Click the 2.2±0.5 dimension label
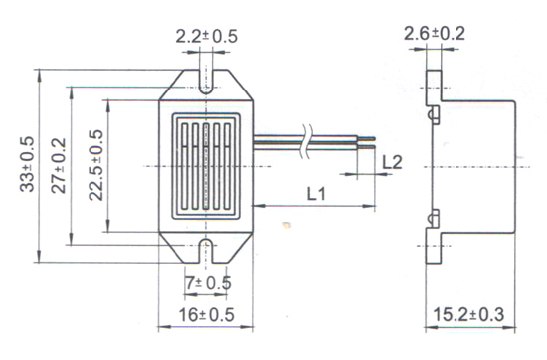pyautogui.click(x=206, y=36)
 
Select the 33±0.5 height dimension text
pyautogui.click(x=27, y=164)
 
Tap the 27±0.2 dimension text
pyautogui.click(x=59, y=166)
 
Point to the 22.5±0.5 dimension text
pyautogui.click(x=96, y=165)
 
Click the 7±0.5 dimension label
pyautogui.click(x=208, y=283)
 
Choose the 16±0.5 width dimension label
pyautogui.click(x=207, y=315)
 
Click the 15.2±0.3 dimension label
pyautogui.click(x=468, y=314)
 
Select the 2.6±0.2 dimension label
pyautogui.click(x=435, y=34)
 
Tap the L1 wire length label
pyautogui.click(x=316, y=194)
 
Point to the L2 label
pyautogui.click(x=392, y=162)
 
